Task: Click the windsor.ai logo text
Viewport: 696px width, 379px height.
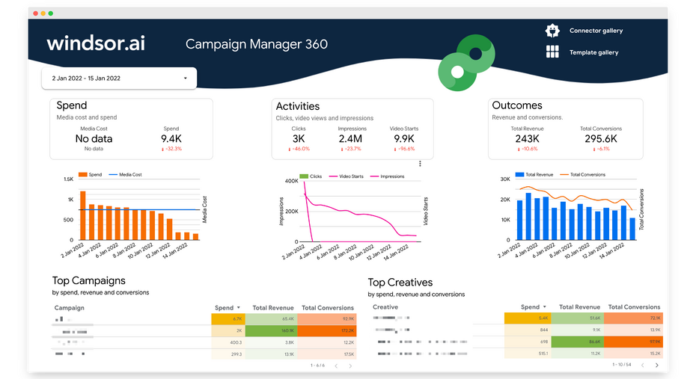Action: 96,43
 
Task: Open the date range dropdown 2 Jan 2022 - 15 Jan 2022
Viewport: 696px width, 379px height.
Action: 119,78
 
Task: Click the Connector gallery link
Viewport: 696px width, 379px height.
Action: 596,31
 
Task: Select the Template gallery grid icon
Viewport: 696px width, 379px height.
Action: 552,52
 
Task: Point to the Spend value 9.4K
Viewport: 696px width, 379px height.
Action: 171,138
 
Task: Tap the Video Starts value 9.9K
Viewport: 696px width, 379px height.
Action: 404,138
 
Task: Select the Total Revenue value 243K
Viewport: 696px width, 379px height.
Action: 527,138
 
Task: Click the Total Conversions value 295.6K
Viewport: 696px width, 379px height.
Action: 600,138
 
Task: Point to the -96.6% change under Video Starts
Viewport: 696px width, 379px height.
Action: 405,149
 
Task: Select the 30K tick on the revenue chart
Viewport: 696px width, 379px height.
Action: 505,179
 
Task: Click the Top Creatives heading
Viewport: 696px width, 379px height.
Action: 400,283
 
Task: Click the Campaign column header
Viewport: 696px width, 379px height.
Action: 69,307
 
